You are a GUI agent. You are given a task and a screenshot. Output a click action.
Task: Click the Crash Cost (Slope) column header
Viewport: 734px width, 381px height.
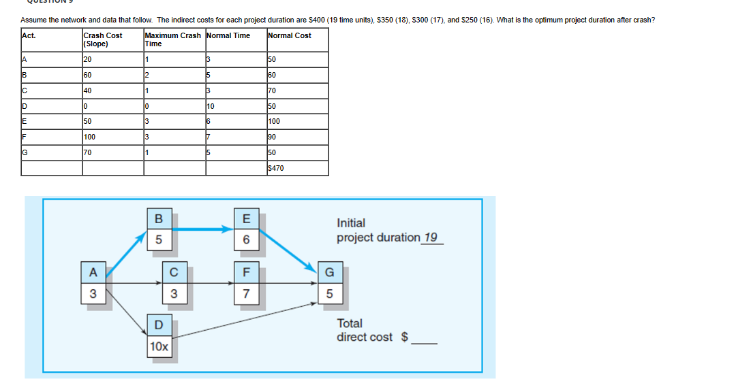[x=103, y=39]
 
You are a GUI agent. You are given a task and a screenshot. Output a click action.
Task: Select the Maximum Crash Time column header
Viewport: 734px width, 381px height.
[x=172, y=39]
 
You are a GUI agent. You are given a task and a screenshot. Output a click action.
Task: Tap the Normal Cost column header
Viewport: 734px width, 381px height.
[x=290, y=35]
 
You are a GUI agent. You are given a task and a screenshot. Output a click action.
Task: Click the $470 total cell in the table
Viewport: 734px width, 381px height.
[x=276, y=167]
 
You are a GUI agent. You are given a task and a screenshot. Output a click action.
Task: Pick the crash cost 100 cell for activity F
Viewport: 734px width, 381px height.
[x=89, y=137]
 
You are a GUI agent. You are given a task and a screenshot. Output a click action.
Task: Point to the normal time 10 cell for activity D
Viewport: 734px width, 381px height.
[x=211, y=106]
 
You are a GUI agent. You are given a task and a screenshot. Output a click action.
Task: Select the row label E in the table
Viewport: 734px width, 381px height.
[x=25, y=122]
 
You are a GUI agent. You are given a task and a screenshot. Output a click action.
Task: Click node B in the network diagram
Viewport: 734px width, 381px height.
[x=159, y=219]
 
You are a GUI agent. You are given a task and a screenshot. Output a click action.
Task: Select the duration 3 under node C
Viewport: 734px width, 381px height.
[x=174, y=294]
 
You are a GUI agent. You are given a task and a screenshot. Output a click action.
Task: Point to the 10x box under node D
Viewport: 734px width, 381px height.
[x=159, y=346]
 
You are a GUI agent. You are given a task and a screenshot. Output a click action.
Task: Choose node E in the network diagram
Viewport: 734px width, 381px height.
[x=247, y=219]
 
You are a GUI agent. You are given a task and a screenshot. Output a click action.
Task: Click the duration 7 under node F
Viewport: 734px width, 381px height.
[x=247, y=294]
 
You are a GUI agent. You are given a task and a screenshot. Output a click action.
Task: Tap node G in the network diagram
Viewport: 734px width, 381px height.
[x=330, y=273]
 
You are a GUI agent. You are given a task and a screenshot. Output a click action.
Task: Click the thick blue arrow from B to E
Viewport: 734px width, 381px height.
[x=204, y=229]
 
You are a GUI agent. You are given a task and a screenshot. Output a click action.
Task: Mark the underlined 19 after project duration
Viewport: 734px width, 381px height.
[x=430, y=237]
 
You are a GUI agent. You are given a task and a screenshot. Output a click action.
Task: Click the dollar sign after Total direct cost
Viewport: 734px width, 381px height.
[x=404, y=337]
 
